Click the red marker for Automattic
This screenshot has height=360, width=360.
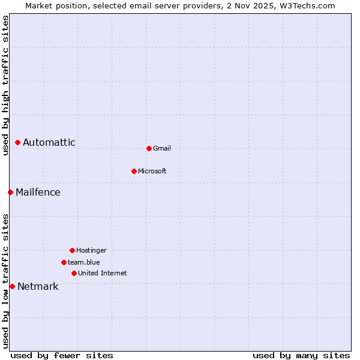click(18, 143)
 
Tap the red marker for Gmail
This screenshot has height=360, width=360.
click(149, 148)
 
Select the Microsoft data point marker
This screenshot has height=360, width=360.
click(134, 171)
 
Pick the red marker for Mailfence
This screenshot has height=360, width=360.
click(10, 192)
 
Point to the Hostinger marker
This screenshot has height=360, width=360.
click(72, 250)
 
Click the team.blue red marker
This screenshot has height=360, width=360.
click(64, 262)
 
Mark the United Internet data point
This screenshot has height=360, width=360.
click(74, 273)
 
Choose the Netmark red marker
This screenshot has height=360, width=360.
click(12, 286)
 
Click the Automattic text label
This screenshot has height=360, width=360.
click(49, 143)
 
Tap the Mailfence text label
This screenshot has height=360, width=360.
click(38, 193)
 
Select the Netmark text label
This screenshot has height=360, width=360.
click(38, 287)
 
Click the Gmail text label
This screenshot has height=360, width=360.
click(162, 149)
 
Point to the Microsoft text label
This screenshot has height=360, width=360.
click(152, 172)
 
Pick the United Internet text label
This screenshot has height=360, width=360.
click(103, 274)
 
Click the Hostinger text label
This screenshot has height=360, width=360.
click(91, 251)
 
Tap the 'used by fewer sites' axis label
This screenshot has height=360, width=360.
click(62, 356)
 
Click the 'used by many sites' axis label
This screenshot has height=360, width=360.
click(301, 356)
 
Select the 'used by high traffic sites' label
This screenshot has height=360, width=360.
click(5, 85)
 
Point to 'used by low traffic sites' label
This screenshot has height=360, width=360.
click(5, 281)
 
